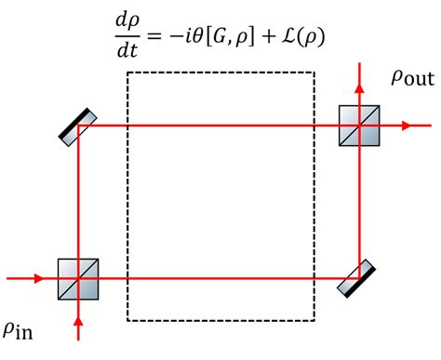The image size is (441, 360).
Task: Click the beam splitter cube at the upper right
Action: tap(358, 124)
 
